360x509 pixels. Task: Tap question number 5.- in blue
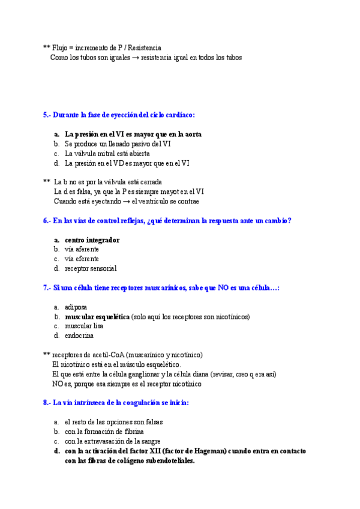click(47, 115)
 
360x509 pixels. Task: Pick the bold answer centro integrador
click(92, 239)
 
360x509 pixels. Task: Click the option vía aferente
click(82, 249)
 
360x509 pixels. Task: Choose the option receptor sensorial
click(91, 268)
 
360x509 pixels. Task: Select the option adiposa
click(76, 307)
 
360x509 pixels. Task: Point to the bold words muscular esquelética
click(97, 316)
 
